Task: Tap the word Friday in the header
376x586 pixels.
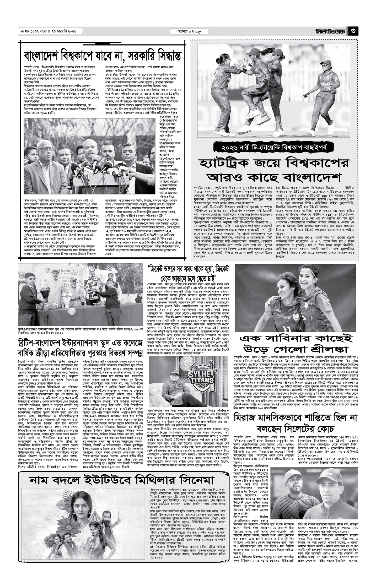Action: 196,32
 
